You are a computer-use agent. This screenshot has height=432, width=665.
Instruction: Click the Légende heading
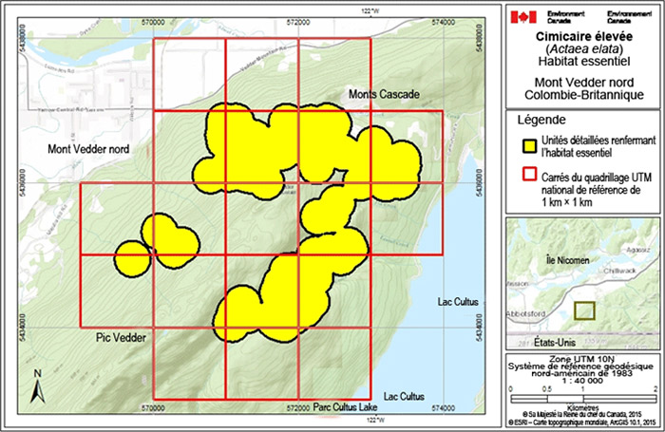coord(541,122)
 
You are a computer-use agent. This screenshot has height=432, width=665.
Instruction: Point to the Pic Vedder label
coord(119,337)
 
